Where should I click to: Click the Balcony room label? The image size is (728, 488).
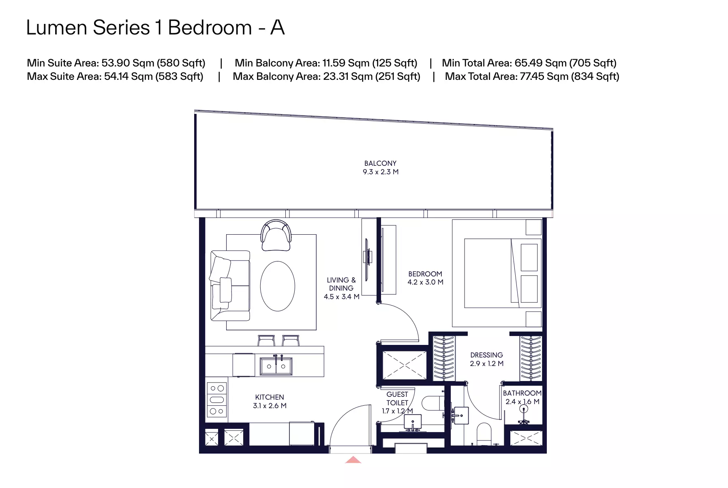[x=380, y=167]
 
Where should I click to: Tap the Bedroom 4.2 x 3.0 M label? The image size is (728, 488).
[x=425, y=278]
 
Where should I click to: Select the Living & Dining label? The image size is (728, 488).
[x=341, y=288]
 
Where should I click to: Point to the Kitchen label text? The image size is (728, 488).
[x=270, y=397]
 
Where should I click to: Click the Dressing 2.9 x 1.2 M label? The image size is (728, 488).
[x=486, y=359]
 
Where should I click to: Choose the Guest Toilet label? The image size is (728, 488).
[x=397, y=398]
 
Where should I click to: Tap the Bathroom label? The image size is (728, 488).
[x=522, y=393]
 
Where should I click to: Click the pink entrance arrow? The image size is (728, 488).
[x=353, y=460]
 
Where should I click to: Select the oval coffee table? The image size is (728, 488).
[x=278, y=286]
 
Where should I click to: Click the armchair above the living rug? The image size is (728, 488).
[x=276, y=235]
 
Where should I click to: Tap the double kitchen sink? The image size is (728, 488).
[x=276, y=366]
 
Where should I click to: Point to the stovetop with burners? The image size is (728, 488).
[x=217, y=400]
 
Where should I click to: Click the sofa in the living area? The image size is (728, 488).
[x=230, y=286]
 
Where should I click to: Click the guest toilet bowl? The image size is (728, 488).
[x=432, y=403]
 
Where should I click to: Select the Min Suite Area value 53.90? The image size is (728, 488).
[x=116, y=63]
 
